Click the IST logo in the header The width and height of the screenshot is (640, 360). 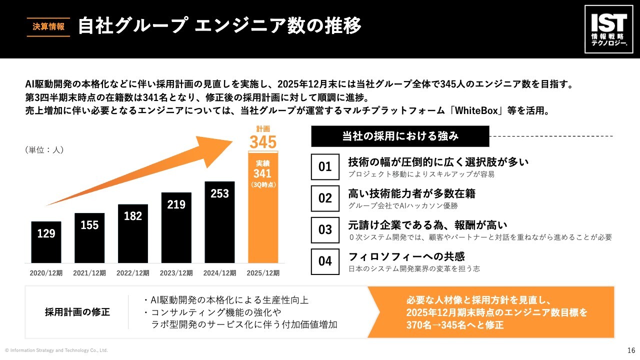(x=608, y=29)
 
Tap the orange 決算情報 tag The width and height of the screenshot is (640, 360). (x=48, y=27)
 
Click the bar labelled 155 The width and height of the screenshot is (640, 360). (x=89, y=237)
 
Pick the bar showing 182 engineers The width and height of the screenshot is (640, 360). (x=133, y=233)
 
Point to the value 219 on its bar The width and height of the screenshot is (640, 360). (x=176, y=204)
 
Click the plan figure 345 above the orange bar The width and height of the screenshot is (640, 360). (x=262, y=142)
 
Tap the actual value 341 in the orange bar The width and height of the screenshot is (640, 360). (x=262, y=173)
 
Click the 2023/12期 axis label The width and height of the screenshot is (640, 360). (x=176, y=273)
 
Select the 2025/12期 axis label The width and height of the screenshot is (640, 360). (x=263, y=273)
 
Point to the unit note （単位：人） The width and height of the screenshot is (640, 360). (x=44, y=149)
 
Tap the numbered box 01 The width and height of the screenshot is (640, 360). (x=325, y=167)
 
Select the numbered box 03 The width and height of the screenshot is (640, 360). (x=325, y=230)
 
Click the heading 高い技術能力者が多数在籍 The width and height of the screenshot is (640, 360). (x=411, y=193)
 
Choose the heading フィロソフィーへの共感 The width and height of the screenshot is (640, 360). (x=406, y=256)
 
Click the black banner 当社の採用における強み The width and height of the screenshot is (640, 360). (x=400, y=136)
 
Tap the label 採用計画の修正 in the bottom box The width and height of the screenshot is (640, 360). (x=77, y=312)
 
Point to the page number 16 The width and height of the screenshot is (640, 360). (x=631, y=350)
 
